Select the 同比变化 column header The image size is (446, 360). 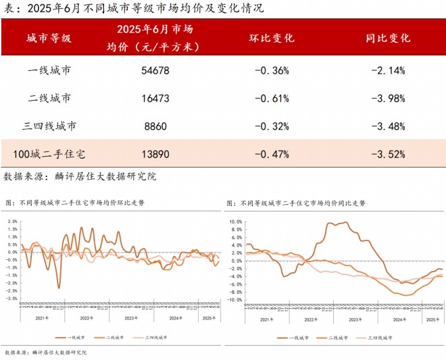[x=388, y=38]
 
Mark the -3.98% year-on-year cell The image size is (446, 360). [x=388, y=98]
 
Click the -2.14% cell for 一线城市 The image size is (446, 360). [x=388, y=70]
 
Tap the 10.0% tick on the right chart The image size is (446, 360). [x=234, y=221]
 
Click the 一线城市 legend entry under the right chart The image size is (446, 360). [x=297, y=336]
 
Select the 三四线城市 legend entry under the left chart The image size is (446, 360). [x=155, y=336]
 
